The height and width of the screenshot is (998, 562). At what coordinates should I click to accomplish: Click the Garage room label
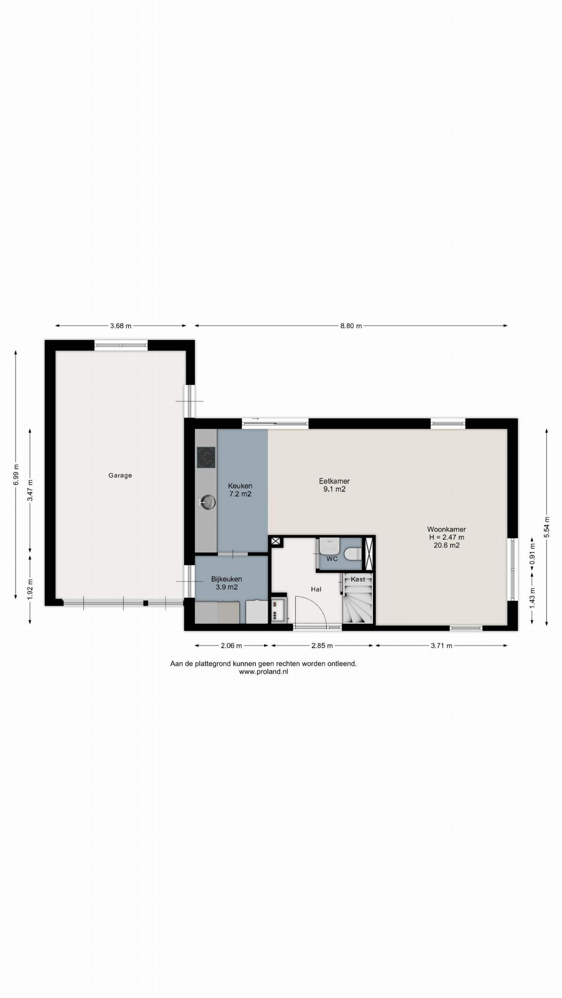(x=120, y=475)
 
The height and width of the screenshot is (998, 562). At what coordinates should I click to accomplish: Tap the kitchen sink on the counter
(x=207, y=502)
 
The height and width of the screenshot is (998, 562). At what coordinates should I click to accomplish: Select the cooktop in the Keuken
(x=206, y=457)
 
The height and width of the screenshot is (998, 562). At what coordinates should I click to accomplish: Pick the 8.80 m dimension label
(x=351, y=326)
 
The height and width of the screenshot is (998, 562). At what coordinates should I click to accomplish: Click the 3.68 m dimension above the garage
(x=121, y=326)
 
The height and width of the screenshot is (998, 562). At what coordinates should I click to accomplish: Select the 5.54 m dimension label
(x=547, y=527)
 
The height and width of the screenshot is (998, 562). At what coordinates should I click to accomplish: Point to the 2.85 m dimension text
(x=322, y=646)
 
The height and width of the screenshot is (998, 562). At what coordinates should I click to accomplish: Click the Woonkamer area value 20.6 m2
(x=446, y=545)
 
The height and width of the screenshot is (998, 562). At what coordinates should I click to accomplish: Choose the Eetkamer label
(x=334, y=481)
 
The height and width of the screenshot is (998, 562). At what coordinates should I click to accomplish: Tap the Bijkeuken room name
(x=226, y=579)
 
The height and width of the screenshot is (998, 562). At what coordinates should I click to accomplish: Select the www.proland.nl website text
(x=263, y=672)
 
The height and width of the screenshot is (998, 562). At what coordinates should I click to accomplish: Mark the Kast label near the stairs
(x=358, y=579)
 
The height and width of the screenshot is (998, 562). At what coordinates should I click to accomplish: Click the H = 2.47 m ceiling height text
(x=446, y=537)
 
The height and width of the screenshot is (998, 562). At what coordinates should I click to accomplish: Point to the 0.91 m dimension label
(x=532, y=554)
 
